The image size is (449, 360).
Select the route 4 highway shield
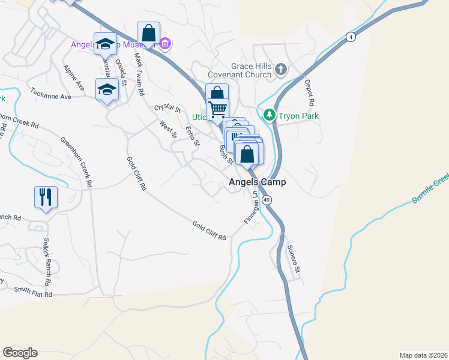point(351,37)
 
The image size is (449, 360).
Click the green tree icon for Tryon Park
point(270,114)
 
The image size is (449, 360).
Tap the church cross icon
point(280,70)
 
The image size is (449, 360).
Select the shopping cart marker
point(217,109)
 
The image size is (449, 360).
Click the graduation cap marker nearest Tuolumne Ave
point(107,89)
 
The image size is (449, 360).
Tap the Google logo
point(20,353)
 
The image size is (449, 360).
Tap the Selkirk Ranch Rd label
point(46,262)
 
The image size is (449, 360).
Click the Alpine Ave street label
point(73,79)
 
